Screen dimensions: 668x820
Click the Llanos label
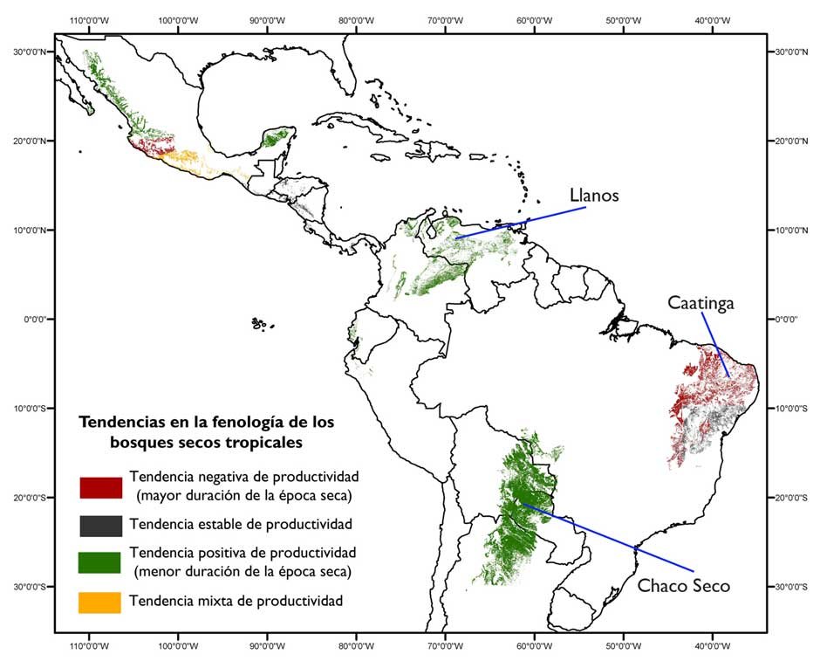pyautogui.click(x=594, y=196)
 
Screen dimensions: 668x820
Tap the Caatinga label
pyautogui.click(x=700, y=303)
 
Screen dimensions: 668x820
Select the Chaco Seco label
pyautogui.click(x=683, y=585)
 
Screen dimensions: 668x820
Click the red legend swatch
pyautogui.click(x=100, y=487)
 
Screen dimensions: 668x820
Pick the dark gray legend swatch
pyautogui.click(x=100, y=526)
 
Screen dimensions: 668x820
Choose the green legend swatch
pyautogui.click(x=100, y=562)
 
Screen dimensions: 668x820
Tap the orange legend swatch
pyautogui.click(x=100, y=602)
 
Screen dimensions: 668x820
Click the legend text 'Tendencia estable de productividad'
pyautogui.click(x=240, y=525)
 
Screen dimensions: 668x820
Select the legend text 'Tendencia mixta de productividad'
pyautogui.click(x=236, y=601)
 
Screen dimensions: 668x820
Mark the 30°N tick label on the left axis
pyautogui.click(x=32, y=52)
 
